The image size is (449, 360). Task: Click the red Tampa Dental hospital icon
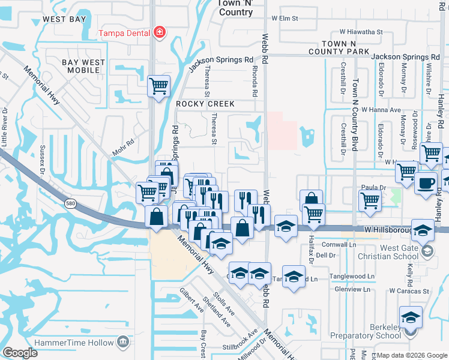coord(160,32)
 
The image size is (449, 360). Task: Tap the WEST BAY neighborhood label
coord(64,19)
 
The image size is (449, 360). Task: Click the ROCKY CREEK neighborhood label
coord(205,104)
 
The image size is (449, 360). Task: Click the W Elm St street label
coord(285,19)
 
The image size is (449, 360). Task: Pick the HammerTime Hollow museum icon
coord(124,342)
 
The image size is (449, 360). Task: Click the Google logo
coord(20,353)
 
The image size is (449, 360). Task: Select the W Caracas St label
coord(409,291)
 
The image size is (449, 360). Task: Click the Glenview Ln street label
coord(354,289)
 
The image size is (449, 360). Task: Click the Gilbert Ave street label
coord(191,299)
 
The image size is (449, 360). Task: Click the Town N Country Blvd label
coord(355,120)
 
